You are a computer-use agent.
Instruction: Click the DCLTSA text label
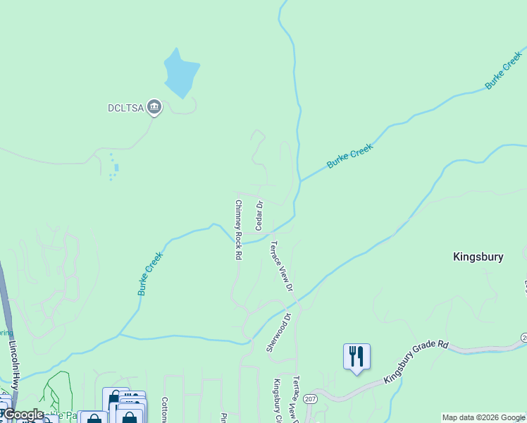tap(126, 108)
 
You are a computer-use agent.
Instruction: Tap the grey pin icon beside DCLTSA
tap(154, 107)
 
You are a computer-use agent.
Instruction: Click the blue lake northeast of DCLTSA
tap(181, 73)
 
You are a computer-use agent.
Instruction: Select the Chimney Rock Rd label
tap(238, 230)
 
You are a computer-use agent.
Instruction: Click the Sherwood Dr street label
tap(278, 333)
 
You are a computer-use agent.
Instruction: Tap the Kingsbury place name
tap(478, 257)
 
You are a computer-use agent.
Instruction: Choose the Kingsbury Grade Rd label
tap(416, 363)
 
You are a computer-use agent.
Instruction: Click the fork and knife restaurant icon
tap(356, 356)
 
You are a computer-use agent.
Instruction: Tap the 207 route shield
tap(310, 399)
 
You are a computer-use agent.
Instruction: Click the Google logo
tap(23, 415)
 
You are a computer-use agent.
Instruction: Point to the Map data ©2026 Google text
tap(483, 417)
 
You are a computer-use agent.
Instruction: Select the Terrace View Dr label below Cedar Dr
tap(280, 266)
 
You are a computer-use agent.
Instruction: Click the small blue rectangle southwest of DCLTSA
tap(116, 168)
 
